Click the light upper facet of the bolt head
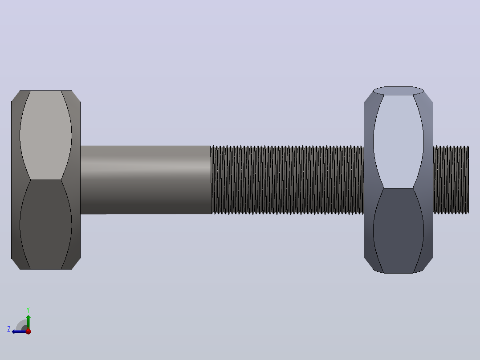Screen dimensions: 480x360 point(45,135)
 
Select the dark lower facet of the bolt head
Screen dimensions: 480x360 point(45,225)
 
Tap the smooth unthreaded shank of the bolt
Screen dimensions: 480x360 point(146,180)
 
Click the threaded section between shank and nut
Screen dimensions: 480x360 point(287,180)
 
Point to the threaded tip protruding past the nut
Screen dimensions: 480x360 point(451,180)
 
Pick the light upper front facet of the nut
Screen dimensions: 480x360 point(399,141)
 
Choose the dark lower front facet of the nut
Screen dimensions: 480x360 point(399,231)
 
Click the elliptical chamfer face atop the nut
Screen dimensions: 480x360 point(399,91)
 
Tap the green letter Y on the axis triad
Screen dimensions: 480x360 point(28,310)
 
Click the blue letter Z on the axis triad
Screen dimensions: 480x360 point(9,329)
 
